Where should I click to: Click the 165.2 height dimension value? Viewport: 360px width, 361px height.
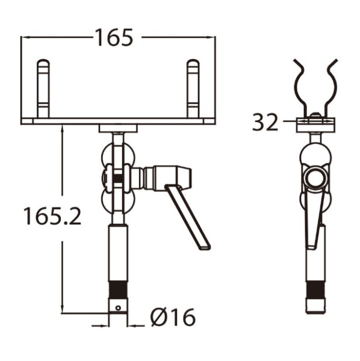[52, 215]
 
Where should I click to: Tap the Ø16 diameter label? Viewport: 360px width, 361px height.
[173, 316]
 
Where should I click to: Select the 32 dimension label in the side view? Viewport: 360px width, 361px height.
[265, 122]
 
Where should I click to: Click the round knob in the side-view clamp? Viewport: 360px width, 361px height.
[315, 178]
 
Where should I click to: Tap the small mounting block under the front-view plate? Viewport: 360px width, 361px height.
[118, 128]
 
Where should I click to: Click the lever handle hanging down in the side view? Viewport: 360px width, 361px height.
[315, 223]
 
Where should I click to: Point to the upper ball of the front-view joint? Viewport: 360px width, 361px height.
[118, 154]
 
